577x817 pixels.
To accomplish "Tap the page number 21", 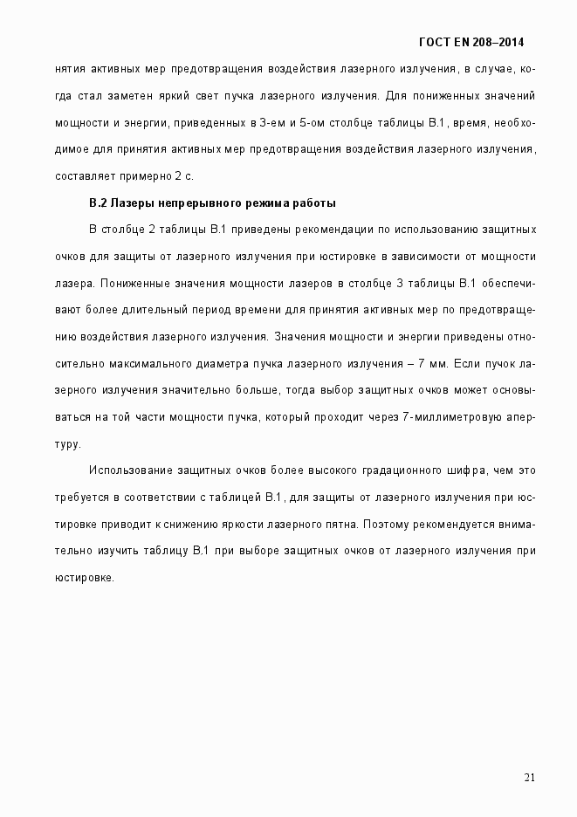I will click(529, 779).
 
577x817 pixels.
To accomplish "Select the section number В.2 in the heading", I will click(98, 203).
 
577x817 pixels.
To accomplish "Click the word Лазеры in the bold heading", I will click(131, 203).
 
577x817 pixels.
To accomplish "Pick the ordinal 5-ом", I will click(312, 122).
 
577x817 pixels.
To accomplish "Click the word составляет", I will click(86, 175).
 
